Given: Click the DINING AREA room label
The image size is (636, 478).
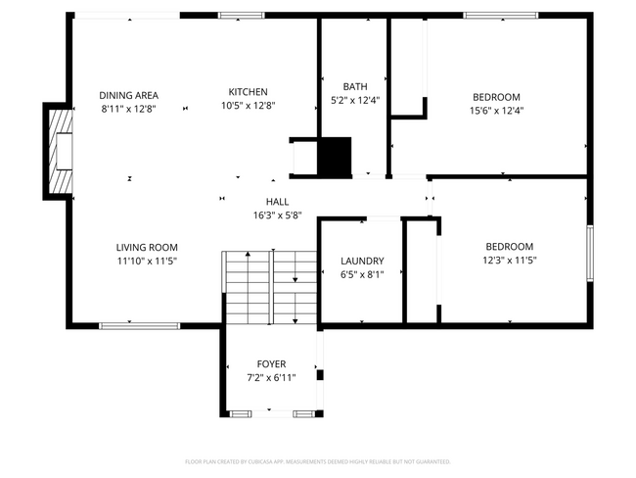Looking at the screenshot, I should (128, 95).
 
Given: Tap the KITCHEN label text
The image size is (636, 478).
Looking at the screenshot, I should (248, 92).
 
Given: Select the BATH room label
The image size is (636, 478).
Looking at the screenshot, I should (354, 86).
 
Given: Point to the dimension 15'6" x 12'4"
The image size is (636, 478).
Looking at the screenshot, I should (496, 110).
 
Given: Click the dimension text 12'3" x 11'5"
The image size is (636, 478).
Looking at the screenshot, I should (508, 261).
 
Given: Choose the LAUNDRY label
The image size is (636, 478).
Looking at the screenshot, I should (362, 262).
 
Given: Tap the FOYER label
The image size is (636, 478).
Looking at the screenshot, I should (271, 363).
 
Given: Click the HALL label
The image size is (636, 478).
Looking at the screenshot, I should (277, 202).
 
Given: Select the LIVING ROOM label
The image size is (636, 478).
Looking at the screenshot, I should (147, 248).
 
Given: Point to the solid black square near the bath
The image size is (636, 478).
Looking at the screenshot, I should (336, 156).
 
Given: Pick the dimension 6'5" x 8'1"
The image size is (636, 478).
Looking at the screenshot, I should (362, 275).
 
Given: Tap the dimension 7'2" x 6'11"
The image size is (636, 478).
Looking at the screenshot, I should (271, 377).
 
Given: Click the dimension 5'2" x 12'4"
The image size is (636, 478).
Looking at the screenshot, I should (354, 100).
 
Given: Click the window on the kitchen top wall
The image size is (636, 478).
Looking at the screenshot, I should (234, 15).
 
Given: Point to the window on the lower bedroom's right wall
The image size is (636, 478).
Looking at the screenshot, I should (590, 254).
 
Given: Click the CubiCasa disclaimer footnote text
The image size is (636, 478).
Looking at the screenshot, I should (317, 460).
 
